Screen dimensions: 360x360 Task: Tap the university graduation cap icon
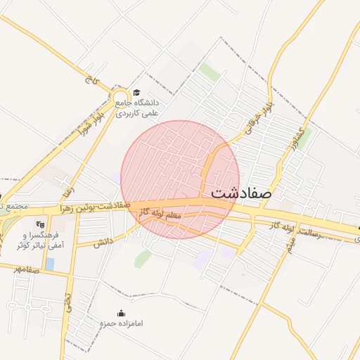[136, 92]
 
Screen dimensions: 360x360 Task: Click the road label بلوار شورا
[91, 121]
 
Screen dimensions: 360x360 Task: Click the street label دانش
[103, 241]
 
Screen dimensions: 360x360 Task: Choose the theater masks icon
[39, 224]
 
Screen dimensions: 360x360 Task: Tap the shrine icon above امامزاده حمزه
[122, 313]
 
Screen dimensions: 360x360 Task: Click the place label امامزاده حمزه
[122, 323]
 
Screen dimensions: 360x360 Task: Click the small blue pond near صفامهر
[50, 264]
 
